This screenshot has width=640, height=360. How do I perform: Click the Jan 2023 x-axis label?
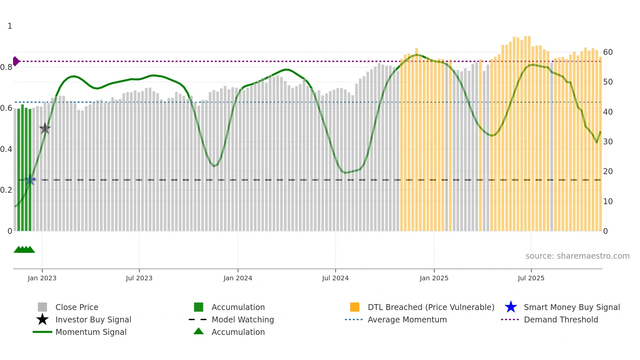click(x=42, y=278)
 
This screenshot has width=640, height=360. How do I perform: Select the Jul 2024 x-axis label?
click(x=335, y=278)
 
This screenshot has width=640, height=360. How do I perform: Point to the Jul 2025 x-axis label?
click(x=531, y=278)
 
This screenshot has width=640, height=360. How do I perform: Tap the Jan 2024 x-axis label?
click(x=238, y=278)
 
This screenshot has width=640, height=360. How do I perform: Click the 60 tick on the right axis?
click(x=608, y=52)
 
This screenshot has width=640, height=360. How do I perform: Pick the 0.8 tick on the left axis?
click(x=6, y=67)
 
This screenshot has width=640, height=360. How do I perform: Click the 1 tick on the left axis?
click(x=10, y=26)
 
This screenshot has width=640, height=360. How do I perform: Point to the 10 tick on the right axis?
click(x=608, y=202)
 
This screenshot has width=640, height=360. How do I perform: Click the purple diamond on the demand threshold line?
click(x=16, y=61)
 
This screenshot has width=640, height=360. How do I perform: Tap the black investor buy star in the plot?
click(x=45, y=128)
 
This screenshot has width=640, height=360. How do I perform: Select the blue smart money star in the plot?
click(x=30, y=180)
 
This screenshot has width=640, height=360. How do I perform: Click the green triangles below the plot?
click(x=24, y=250)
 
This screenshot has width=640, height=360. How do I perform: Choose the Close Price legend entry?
click(x=76, y=307)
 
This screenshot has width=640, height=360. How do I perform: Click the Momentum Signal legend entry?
click(x=90, y=332)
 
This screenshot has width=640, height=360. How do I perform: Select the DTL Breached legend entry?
click(x=431, y=307)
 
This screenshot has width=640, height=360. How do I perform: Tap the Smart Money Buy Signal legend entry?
click(x=571, y=307)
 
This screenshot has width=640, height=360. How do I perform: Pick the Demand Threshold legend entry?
click(x=561, y=319)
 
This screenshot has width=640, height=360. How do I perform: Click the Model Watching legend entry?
click(x=242, y=319)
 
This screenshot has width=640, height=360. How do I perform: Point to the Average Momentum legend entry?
click(x=407, y=319)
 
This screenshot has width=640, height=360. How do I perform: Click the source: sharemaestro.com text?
click(x=577, y=256)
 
